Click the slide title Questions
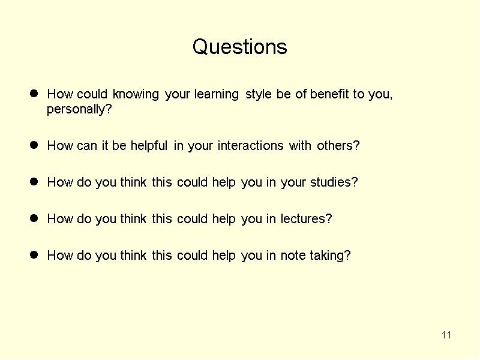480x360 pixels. pyautogui.click(x=239, y=47)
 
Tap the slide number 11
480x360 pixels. pyautogui.click(x=446, y=335)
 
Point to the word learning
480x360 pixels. pyautogui.click(x=217, y=94)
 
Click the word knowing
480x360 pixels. pyautogui.click(x=136, y=94)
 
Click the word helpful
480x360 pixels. pyautogui.click(x=149, y=146)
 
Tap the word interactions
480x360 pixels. pyautogui.click(x=250, y=145)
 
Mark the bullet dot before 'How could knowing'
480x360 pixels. pyautogui.click(x=34, y=94)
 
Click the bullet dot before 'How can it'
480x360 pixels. pyautogui.click(x=34, y=145)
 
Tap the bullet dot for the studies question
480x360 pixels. pyautogui.click(x=34, y=182)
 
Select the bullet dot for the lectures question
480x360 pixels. pyautogui.click(x=34, y=218)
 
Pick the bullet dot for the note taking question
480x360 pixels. pyautogui.click(x=34, y=254)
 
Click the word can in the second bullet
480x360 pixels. pyautogui.click(x=86, y=146)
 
